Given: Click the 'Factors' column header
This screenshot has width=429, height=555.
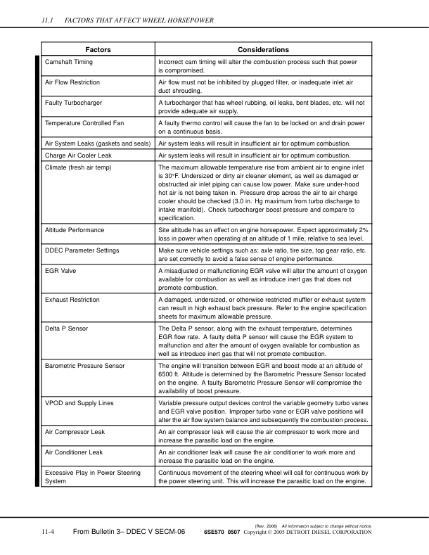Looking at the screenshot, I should [97, 50].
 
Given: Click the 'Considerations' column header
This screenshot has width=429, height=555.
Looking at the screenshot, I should [264, 50].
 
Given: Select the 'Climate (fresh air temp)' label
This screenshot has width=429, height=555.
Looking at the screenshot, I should [81, 168].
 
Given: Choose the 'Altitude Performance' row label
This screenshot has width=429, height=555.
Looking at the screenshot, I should [75, 230].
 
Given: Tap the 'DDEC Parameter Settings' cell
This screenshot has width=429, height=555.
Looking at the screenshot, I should [82, 250].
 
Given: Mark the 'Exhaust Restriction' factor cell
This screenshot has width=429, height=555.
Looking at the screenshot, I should [72, 300].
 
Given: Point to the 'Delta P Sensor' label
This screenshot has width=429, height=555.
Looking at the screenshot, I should [66, 328].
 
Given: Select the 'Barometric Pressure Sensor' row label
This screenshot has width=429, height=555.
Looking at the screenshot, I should [84, 366].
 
